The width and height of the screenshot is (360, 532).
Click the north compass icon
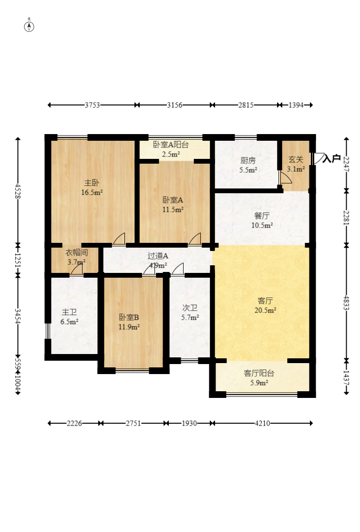[x=30, y=26]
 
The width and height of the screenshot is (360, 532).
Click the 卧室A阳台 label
[x=171, y=145]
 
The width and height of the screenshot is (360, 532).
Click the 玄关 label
[x=296, y=160]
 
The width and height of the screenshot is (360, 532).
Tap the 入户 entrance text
[x=331, y=158]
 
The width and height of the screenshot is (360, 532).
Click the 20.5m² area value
[x=265, y=310]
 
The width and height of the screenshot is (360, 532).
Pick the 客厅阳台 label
[x=259, y=373]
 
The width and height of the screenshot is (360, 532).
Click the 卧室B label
[x=129, y=317]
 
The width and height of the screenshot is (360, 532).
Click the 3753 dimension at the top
[x=92, y=105]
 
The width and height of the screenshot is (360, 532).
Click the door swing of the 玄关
[x=286, y=177]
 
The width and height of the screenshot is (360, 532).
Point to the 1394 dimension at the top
[x=296, y=105]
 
